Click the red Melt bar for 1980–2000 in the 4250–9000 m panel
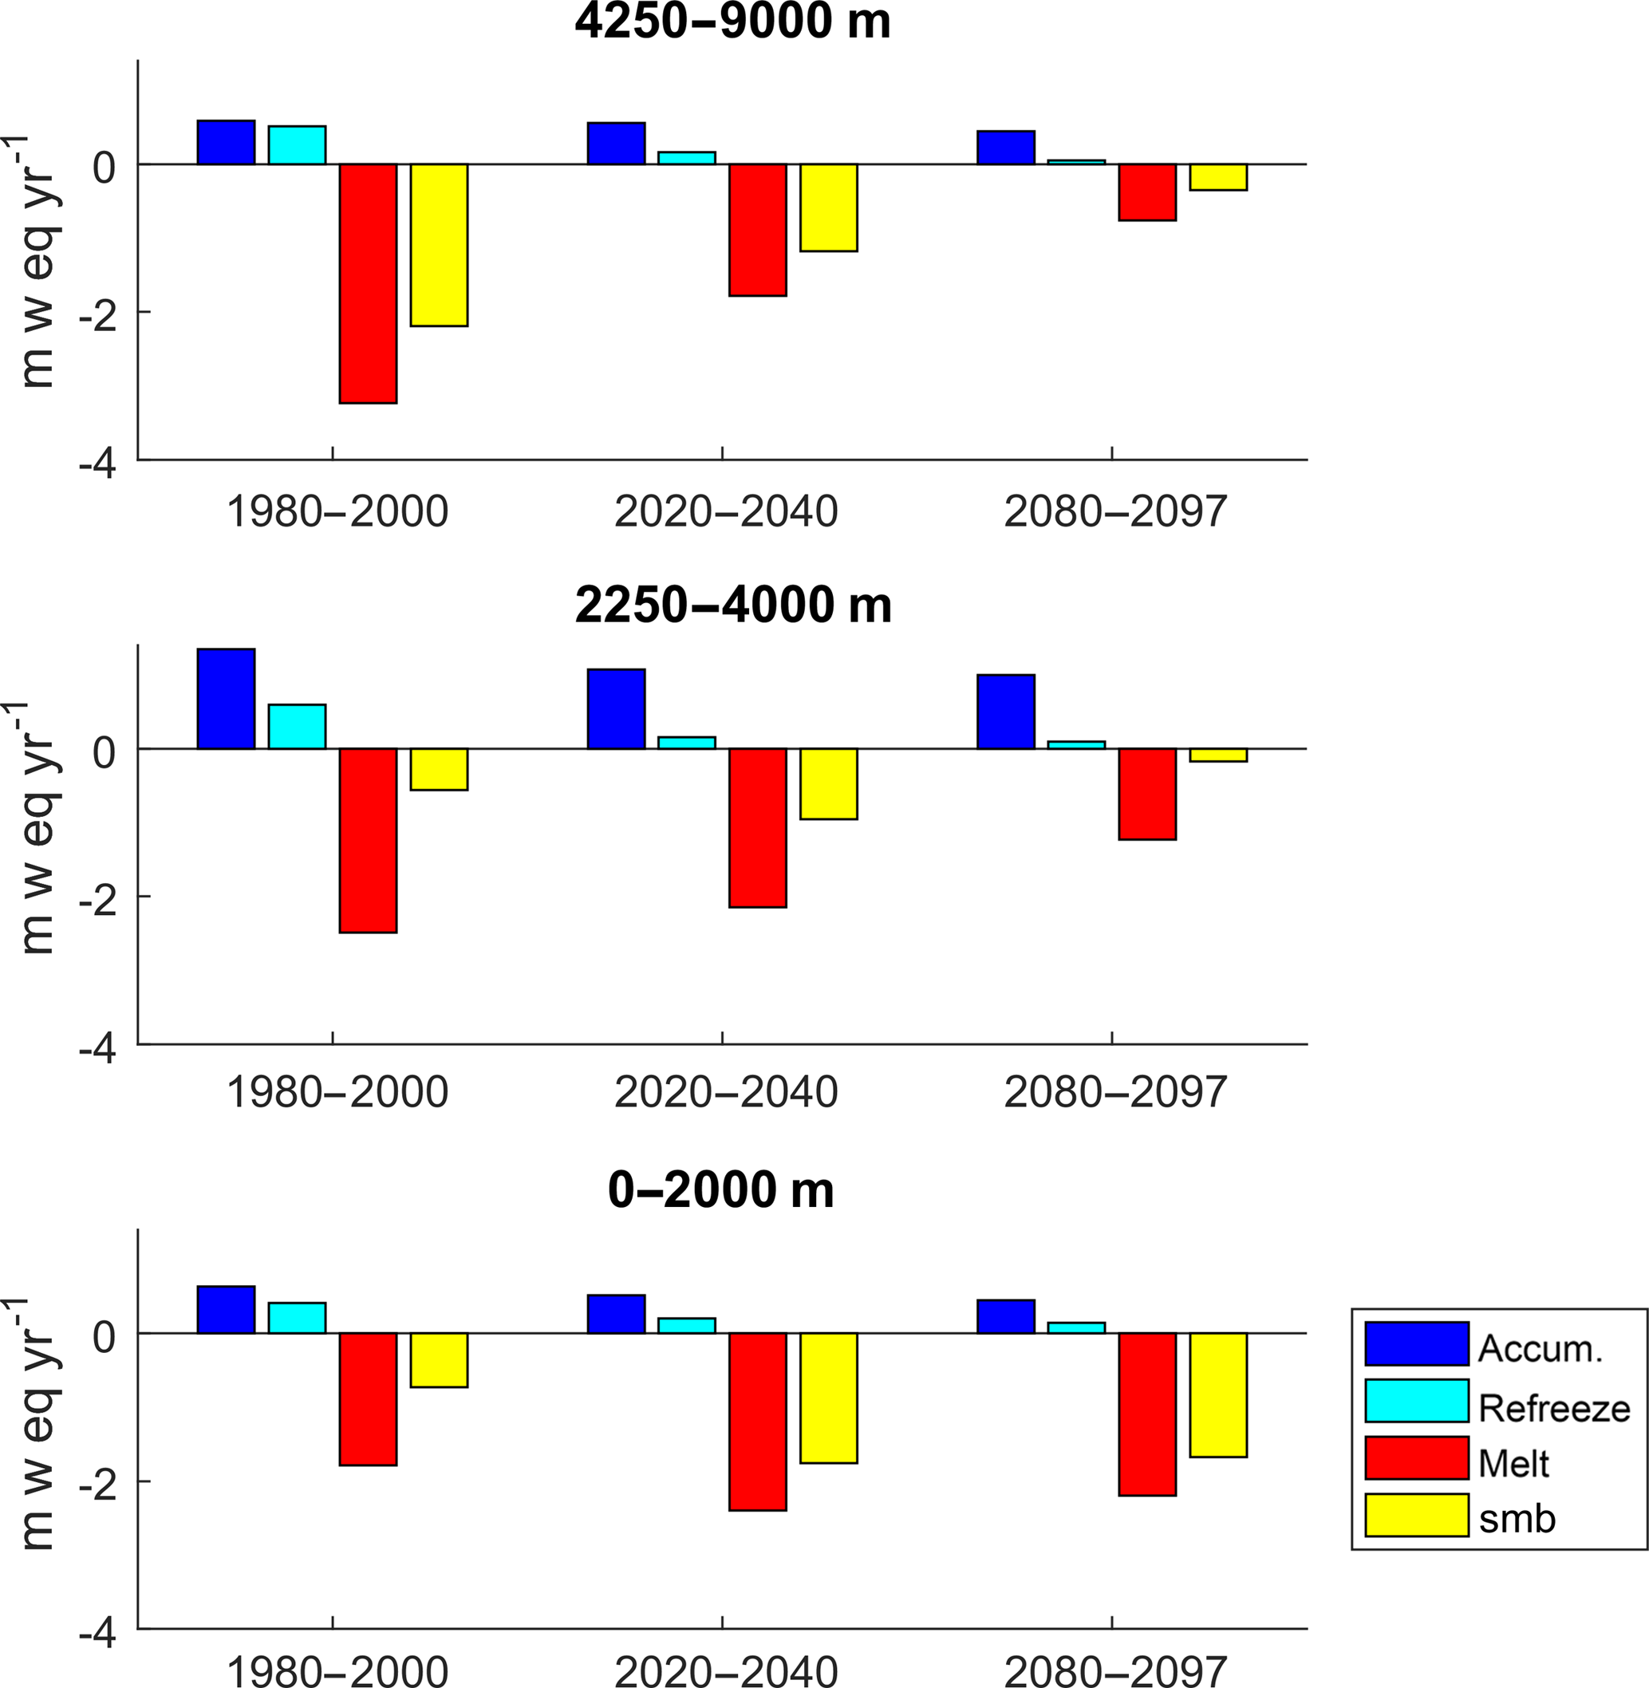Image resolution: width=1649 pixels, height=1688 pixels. point(368,283)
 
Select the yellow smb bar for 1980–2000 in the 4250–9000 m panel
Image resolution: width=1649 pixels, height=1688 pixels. point(439,245)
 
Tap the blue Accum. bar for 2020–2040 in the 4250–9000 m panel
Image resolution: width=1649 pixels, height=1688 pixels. point(616,144)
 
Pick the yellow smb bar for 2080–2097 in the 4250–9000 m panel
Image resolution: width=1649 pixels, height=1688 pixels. point(1217,176)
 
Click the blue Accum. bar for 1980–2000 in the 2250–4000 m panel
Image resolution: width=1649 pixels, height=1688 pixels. point(226,699)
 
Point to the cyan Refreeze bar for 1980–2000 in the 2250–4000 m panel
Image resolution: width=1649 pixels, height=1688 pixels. point(297,727)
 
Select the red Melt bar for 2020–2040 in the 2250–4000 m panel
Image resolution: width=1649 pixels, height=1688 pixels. point(758,828)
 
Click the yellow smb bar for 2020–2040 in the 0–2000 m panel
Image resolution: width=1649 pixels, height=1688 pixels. point(829,1398)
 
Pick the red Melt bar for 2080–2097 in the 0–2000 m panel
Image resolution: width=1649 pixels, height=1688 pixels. point(1146,1414)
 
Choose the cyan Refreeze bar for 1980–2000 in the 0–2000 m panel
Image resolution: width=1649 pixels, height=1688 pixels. point(297,1318)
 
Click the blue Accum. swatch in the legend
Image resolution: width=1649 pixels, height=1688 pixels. point(1417,1343)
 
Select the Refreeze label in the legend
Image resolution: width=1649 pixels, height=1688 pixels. point(1554,1408)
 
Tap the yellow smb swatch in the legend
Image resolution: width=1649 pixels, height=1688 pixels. point(1417,1515)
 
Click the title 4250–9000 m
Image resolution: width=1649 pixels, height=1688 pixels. point(732,21)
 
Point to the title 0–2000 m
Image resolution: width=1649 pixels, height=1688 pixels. point(720,1190)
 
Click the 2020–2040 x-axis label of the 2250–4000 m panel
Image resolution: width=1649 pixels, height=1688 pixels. point(726,1092)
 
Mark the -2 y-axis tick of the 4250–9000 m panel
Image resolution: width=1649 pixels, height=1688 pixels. point(97,317)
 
